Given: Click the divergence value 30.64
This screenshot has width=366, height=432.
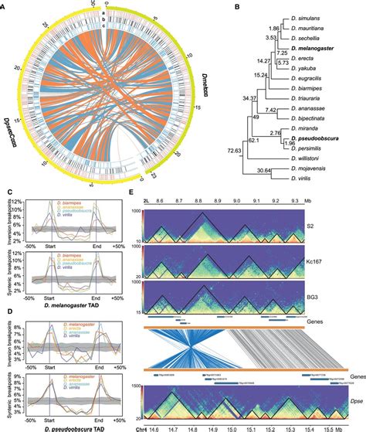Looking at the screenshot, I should pyautogui.click(x=269, y=170).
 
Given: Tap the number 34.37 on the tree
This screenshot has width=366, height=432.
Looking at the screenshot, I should pyautogui.click(x=228, y=99).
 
